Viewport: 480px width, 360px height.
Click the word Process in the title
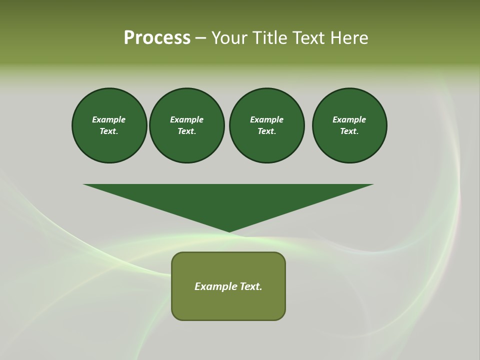157,38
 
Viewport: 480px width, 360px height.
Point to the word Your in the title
230,38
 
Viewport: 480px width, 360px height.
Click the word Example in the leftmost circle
109,119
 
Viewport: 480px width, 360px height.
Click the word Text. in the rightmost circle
349,131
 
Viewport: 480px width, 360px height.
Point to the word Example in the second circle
187,119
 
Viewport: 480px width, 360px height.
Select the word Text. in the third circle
266,131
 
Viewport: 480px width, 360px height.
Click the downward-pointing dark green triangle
228,200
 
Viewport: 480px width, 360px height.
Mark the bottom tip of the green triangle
229,231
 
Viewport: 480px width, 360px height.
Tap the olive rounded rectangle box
228,305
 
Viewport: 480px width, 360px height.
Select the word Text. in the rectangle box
251,286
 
